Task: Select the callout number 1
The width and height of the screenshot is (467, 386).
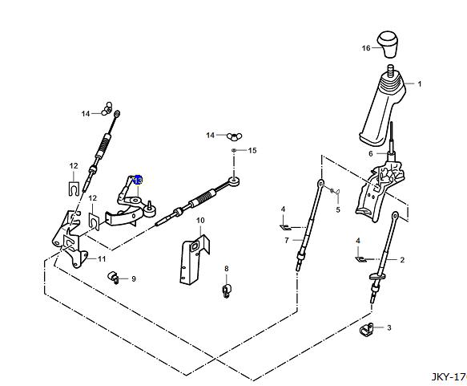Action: tap(420, 84)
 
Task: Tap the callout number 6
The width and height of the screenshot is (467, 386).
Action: tap(371, 154)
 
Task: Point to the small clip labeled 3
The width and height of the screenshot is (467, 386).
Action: tap(365, 330)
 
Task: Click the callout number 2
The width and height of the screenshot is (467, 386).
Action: tap(402, 260)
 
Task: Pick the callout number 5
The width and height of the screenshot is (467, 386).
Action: tap(338, 209)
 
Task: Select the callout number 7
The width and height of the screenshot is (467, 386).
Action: tap(287, 240)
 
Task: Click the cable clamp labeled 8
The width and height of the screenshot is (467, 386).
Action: tap(227, 291)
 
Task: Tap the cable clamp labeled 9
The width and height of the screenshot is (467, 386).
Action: tap(113, 278)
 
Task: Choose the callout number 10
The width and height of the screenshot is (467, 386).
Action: tap(200, 221)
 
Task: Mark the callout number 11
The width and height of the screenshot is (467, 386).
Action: tap(102, 259)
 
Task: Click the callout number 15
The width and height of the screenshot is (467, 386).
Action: tap(252, 150)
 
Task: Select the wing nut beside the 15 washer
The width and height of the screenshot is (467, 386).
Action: tap(235, 136)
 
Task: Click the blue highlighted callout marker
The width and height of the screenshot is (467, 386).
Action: tap(138, 180)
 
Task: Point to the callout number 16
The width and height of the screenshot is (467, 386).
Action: tap(366, 48)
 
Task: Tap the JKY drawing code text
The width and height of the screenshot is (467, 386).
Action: tap(449, 377)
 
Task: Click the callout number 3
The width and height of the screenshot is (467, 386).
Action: tap(389, 328)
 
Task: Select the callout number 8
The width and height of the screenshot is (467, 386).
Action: tap(227, 269)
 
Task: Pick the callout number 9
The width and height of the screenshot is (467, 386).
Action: tap(134, 279)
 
